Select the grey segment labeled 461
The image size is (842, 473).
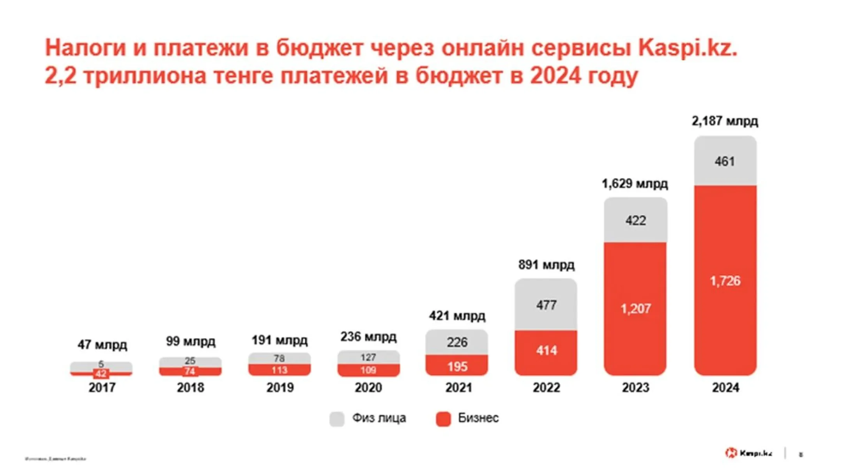(725, 161)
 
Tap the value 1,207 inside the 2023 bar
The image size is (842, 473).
(635, 309)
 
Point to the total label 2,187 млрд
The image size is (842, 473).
(725, 121)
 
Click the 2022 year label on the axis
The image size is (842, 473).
(546, 388)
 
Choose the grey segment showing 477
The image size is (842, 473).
(546, 305)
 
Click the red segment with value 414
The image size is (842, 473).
(546, 351)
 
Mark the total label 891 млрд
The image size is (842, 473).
(546, 265)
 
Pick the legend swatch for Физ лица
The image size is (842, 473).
(337, 419)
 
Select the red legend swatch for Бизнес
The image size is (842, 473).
(443, 419)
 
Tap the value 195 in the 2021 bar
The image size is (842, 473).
(457, 367)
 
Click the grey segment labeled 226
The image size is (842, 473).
(457, 342)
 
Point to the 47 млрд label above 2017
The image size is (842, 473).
(102, 345)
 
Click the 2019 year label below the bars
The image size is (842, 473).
(280, 388)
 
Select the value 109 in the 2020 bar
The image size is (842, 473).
(368, 370)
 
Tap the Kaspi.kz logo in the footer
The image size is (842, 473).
(748, 453)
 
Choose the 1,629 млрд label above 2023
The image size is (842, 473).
(635, 184)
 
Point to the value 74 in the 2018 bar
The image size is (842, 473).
(190, 371)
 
